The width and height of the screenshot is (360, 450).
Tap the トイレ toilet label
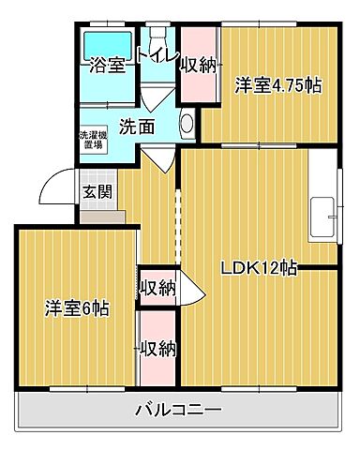tap(157, 55)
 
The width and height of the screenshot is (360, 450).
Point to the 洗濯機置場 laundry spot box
tap(92, 140)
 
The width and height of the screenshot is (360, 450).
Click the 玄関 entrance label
tap(95, 193)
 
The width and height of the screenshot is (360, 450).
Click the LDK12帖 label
tap(259, 268)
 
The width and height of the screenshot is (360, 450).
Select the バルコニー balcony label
tap(177, 410)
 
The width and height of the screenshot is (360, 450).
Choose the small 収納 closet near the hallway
tap(157, 288)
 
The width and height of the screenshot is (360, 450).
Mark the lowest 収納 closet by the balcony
tap(157, 349)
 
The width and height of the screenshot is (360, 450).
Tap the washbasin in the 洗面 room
tap(187, 124)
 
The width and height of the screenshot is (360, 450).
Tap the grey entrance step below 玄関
tap(102, 216)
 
